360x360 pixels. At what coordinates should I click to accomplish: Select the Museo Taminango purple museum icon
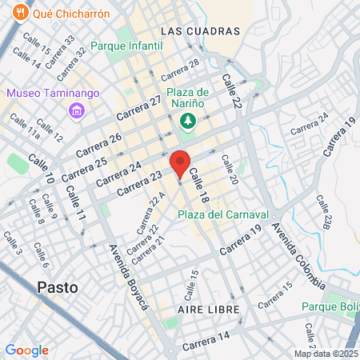point(77,109)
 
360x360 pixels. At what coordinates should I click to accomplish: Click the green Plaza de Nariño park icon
point(188,120)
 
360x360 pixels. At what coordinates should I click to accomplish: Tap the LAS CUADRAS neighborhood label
point(200,30)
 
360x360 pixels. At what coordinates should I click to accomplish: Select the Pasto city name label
point(58,287)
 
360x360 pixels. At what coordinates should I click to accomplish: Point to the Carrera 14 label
point(206,340)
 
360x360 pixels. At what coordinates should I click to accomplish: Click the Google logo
point(26,350)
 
